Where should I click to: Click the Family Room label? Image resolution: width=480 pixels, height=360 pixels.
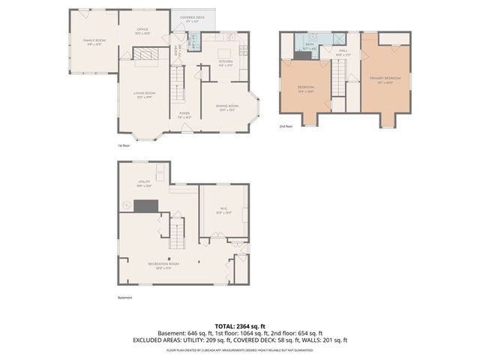tap(94, 42)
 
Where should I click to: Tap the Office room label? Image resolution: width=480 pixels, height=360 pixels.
tap(142, 31)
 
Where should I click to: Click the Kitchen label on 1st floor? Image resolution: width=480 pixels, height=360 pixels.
tap(226, 63)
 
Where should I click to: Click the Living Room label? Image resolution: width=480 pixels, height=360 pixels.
tap(144, 95)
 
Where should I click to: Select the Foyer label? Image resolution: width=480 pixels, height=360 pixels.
tap(184, 115)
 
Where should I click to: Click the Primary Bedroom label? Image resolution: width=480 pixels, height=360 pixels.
tap(388, 79)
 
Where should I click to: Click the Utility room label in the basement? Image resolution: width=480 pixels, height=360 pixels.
tap(145, 184)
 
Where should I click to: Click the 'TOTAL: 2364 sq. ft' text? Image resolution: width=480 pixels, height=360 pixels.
tap(239, 325)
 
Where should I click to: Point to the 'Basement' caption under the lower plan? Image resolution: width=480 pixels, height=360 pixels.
tap(124, 298)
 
